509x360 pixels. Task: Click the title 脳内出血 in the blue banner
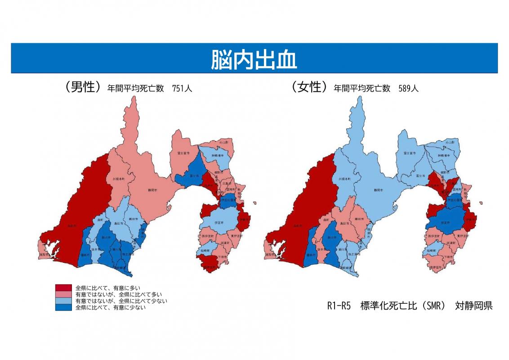coord(254,58)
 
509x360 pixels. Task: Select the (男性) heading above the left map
coord(81,87)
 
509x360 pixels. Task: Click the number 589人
coord(408,89)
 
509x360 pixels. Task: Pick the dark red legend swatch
coord(63,288)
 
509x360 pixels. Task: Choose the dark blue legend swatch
coord(63,308)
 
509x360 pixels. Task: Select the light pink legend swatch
coord(63,294)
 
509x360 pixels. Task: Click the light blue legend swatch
coord(63,301)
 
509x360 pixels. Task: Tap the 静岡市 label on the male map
coord(152,190)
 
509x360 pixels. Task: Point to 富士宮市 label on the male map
coord(183,153)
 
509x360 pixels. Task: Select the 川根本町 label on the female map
coord(344,179)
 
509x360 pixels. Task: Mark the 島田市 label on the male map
coord(118,223)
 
